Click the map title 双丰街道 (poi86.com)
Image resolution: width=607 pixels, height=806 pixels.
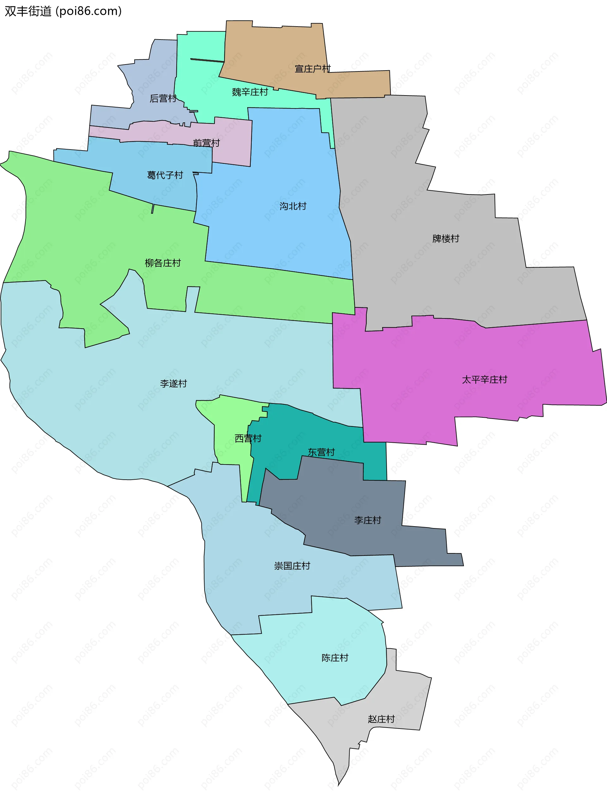click(x=63, y=11)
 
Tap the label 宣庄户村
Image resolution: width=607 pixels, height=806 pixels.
click(x=312, y=69)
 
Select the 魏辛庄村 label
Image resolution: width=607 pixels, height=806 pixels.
click(x=250, y=92)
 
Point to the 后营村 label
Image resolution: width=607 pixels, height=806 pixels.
click(x=163, y=99)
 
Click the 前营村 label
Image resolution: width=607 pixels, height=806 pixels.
click(x=206, y=143)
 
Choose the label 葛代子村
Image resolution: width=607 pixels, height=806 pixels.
click(x=165, y=175)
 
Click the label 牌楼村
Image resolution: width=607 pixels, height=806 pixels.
click(x=445, y=239)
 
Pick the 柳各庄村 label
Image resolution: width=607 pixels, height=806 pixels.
click(x=162, y=263)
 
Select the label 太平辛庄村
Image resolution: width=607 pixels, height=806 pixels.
click(x=484, y=380)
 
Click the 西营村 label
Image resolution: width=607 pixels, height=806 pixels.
click(x=248, y=439)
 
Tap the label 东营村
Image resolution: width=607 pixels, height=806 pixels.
click(x=321, y=452)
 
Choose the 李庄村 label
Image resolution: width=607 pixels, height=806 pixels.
click(x=367, y=520)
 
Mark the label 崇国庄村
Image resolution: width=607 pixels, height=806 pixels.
click(x=292, y=566)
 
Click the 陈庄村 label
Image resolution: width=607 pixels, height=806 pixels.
click(x=334, y=658)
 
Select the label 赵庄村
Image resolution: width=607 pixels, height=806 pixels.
click(x=381, y=719)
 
